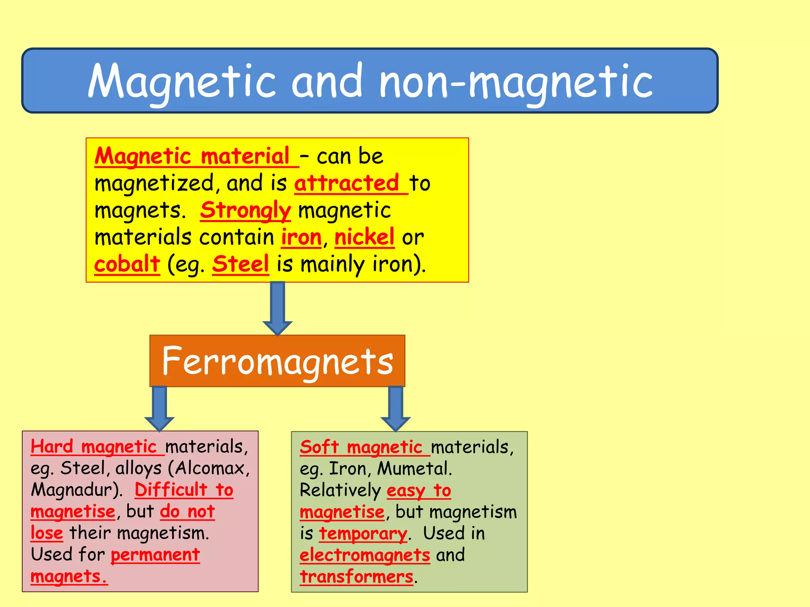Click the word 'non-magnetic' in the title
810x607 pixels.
pos(516,82)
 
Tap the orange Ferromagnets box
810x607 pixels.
pos(277,361)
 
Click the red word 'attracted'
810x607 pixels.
pos(347,183)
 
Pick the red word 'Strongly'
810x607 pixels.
pos(246,210)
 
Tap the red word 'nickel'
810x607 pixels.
pos(364,237)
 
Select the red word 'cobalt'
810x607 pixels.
pos(127,264)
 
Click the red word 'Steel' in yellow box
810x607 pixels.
pos(240,264)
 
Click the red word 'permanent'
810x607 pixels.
pos(155,555)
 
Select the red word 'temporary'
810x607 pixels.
pos(363,533)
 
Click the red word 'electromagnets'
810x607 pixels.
pos(365,555)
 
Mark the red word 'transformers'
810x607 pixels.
pos(356,577)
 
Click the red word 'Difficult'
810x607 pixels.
pos(171,490)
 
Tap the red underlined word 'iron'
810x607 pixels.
pos(301,237)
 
